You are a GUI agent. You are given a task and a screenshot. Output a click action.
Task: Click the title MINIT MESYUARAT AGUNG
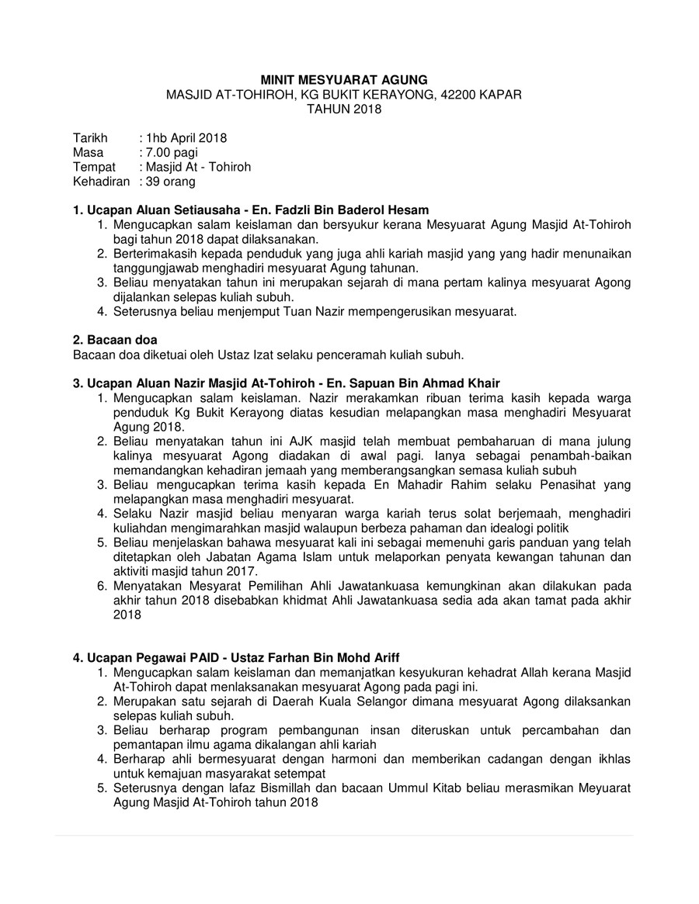point(343,80)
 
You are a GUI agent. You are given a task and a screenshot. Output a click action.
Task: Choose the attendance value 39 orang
point(170,182)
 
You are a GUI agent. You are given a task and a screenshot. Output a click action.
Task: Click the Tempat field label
point(94,167)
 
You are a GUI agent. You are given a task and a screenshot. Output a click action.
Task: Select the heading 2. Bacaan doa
point(115,340)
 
